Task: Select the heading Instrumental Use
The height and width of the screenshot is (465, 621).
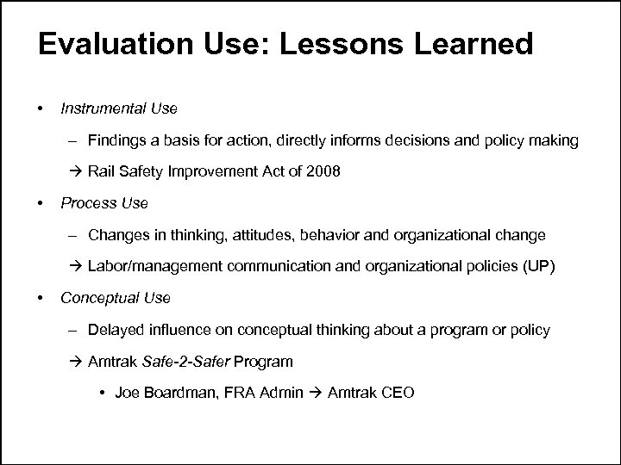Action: click(118, 108)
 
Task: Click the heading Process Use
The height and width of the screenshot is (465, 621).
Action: click(103, 203)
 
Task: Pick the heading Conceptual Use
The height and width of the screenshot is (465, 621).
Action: click(115, 298)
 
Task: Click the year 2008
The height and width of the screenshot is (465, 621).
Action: click(324, 171)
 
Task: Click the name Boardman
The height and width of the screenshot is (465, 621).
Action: click(180, 393)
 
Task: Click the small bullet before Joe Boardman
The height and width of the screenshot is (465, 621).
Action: click(103, 394)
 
